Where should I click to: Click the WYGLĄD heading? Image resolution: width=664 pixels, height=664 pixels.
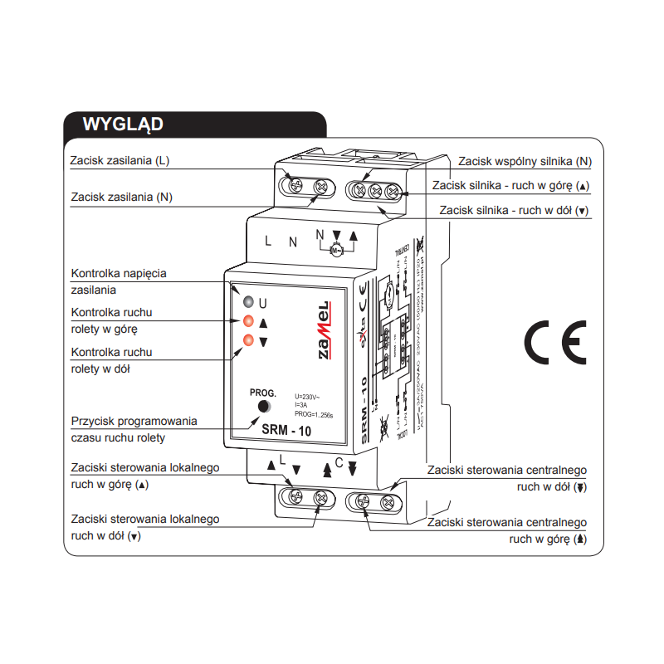122,124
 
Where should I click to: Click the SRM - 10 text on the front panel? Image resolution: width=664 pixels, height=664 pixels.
287,429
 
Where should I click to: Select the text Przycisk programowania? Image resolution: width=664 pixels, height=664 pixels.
134,421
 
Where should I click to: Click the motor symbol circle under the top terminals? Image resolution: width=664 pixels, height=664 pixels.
336,250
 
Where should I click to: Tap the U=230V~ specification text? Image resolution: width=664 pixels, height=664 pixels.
307,396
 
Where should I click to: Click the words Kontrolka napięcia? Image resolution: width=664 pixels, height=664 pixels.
119,273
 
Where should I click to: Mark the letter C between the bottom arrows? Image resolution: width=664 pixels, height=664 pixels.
339,464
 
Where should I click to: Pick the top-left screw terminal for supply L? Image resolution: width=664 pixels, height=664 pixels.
294,186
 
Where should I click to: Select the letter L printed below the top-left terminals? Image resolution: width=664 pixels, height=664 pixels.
267,242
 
